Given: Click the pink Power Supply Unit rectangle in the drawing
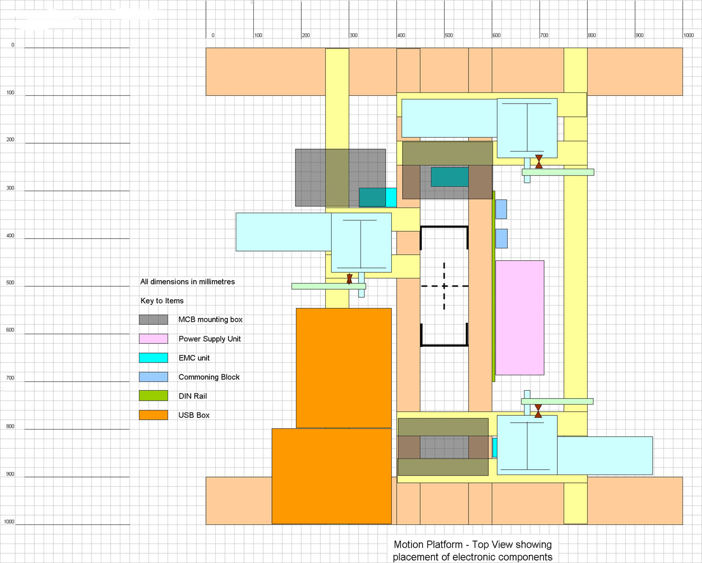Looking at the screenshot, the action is point(520,317).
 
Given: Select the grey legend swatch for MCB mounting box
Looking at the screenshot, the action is point(153,319).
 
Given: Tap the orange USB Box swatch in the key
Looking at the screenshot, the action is point(153,415).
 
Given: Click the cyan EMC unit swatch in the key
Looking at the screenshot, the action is point(153,358).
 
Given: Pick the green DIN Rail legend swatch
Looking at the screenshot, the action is point(153,396).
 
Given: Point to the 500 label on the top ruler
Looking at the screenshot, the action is point(449,35).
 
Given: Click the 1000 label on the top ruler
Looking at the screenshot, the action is point(688,35).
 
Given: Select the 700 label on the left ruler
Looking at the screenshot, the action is point(10,378).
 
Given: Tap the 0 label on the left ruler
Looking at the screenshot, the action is point(13,45).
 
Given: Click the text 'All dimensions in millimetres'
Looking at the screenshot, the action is point(187,282).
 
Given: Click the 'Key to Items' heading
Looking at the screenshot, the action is point(162,300).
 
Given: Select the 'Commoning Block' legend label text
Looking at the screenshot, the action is point(209,377).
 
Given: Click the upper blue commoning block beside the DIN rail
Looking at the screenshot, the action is point(501,209).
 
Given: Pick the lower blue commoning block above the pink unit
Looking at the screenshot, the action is point(501,238).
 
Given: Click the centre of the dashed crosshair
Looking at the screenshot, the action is point(444,286).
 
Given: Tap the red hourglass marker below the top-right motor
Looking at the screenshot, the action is point(539,161).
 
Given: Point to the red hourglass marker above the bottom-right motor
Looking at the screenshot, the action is point(538,411).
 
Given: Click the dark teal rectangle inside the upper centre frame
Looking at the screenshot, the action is point(450,177).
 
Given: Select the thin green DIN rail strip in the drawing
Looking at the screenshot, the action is point(494,286).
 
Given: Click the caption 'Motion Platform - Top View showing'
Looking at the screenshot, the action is point(473,544).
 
